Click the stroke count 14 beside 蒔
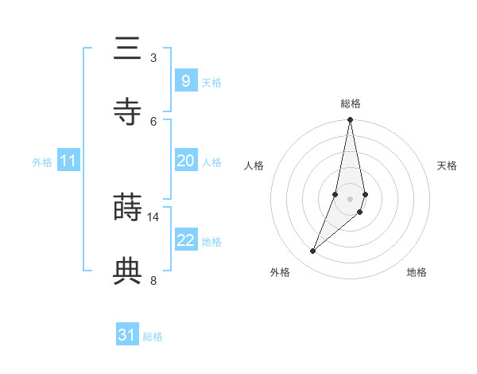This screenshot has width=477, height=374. [x=153, y=216]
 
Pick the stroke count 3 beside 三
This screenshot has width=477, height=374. [x=153, y=57]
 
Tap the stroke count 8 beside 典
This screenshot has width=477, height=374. [x=153, y=280]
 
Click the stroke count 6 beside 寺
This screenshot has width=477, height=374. [x=153, y=121]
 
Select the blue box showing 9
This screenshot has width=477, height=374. [x=185, y=81]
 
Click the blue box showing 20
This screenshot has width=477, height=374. [x=185, y=161]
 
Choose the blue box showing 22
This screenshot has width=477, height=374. [x=185, y=240]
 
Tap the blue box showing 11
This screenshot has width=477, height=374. [x=68, y=161]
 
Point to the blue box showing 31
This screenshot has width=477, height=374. [x=127, y=335]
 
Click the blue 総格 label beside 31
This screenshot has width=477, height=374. [x=153, y=337]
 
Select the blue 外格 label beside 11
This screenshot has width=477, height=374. [x=42, y=162]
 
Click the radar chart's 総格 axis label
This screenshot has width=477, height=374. [x=351, y=103]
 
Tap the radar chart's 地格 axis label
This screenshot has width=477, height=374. [x=417, y=272]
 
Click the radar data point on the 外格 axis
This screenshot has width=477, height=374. [x=313, y=251]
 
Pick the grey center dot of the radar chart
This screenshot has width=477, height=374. [x=351, y=198]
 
